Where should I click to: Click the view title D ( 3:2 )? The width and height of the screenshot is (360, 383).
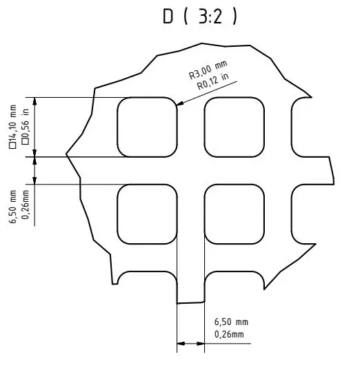click(200, 17)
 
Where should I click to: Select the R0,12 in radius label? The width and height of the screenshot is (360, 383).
click(213, 81)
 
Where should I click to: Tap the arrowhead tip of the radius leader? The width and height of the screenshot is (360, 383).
click(177, 105)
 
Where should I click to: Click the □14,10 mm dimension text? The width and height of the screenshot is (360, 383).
click(12, 127)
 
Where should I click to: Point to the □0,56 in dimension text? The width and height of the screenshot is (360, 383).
click(26, 127)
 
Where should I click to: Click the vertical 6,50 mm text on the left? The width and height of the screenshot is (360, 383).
click(12, 207)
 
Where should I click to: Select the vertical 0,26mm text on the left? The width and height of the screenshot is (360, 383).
click(26, 205)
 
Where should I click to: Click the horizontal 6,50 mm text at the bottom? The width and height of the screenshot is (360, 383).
click(231, 322)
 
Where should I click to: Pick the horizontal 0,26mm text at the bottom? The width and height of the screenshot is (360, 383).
click(229, 334)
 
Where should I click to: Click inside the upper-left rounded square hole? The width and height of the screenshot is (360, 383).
click(147, 127)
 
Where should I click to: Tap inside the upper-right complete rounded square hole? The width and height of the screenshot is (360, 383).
click(234, 127)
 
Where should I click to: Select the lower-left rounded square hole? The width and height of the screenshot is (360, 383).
click(147, 214)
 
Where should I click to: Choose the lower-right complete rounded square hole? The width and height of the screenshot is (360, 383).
click(234, 214)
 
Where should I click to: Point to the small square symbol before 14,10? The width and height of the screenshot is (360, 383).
click(12, 145)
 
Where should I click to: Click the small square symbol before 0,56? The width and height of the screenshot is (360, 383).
click(26, 142)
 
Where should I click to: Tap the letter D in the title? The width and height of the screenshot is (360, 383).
click(168, 17)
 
